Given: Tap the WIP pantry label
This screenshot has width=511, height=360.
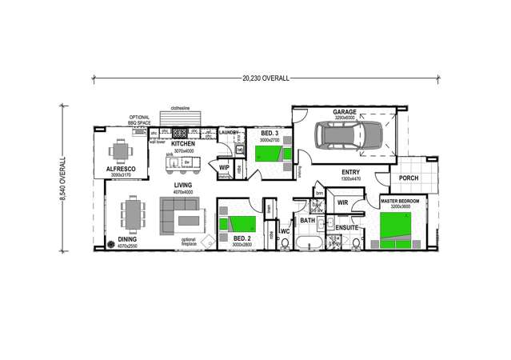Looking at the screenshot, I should click(224, 167).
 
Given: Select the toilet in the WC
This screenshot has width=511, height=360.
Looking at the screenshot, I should click(285, 243).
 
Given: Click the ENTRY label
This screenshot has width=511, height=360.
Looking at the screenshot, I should click(350, 172).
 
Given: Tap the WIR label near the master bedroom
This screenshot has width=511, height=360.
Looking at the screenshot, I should click(342, 202).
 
